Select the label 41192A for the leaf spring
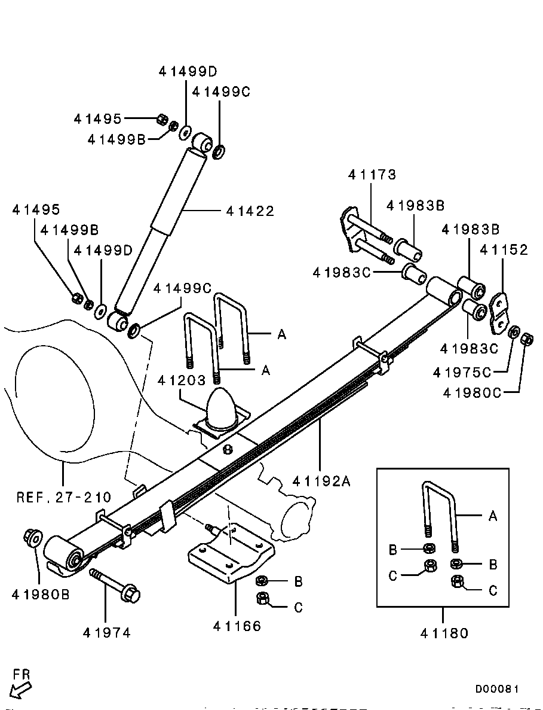(x=321, y=481)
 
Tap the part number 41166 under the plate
(x=237, y=626)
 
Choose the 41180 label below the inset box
(x=443, y=632)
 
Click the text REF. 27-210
(x=63, y=496)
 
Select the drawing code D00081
(x=497, y=689)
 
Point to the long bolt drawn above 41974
(x=115, y=585)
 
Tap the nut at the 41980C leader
(x=526, y=339)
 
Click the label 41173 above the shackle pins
(x=372, y=175)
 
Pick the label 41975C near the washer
(x=462, y=372)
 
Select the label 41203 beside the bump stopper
(x=182, y=380)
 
